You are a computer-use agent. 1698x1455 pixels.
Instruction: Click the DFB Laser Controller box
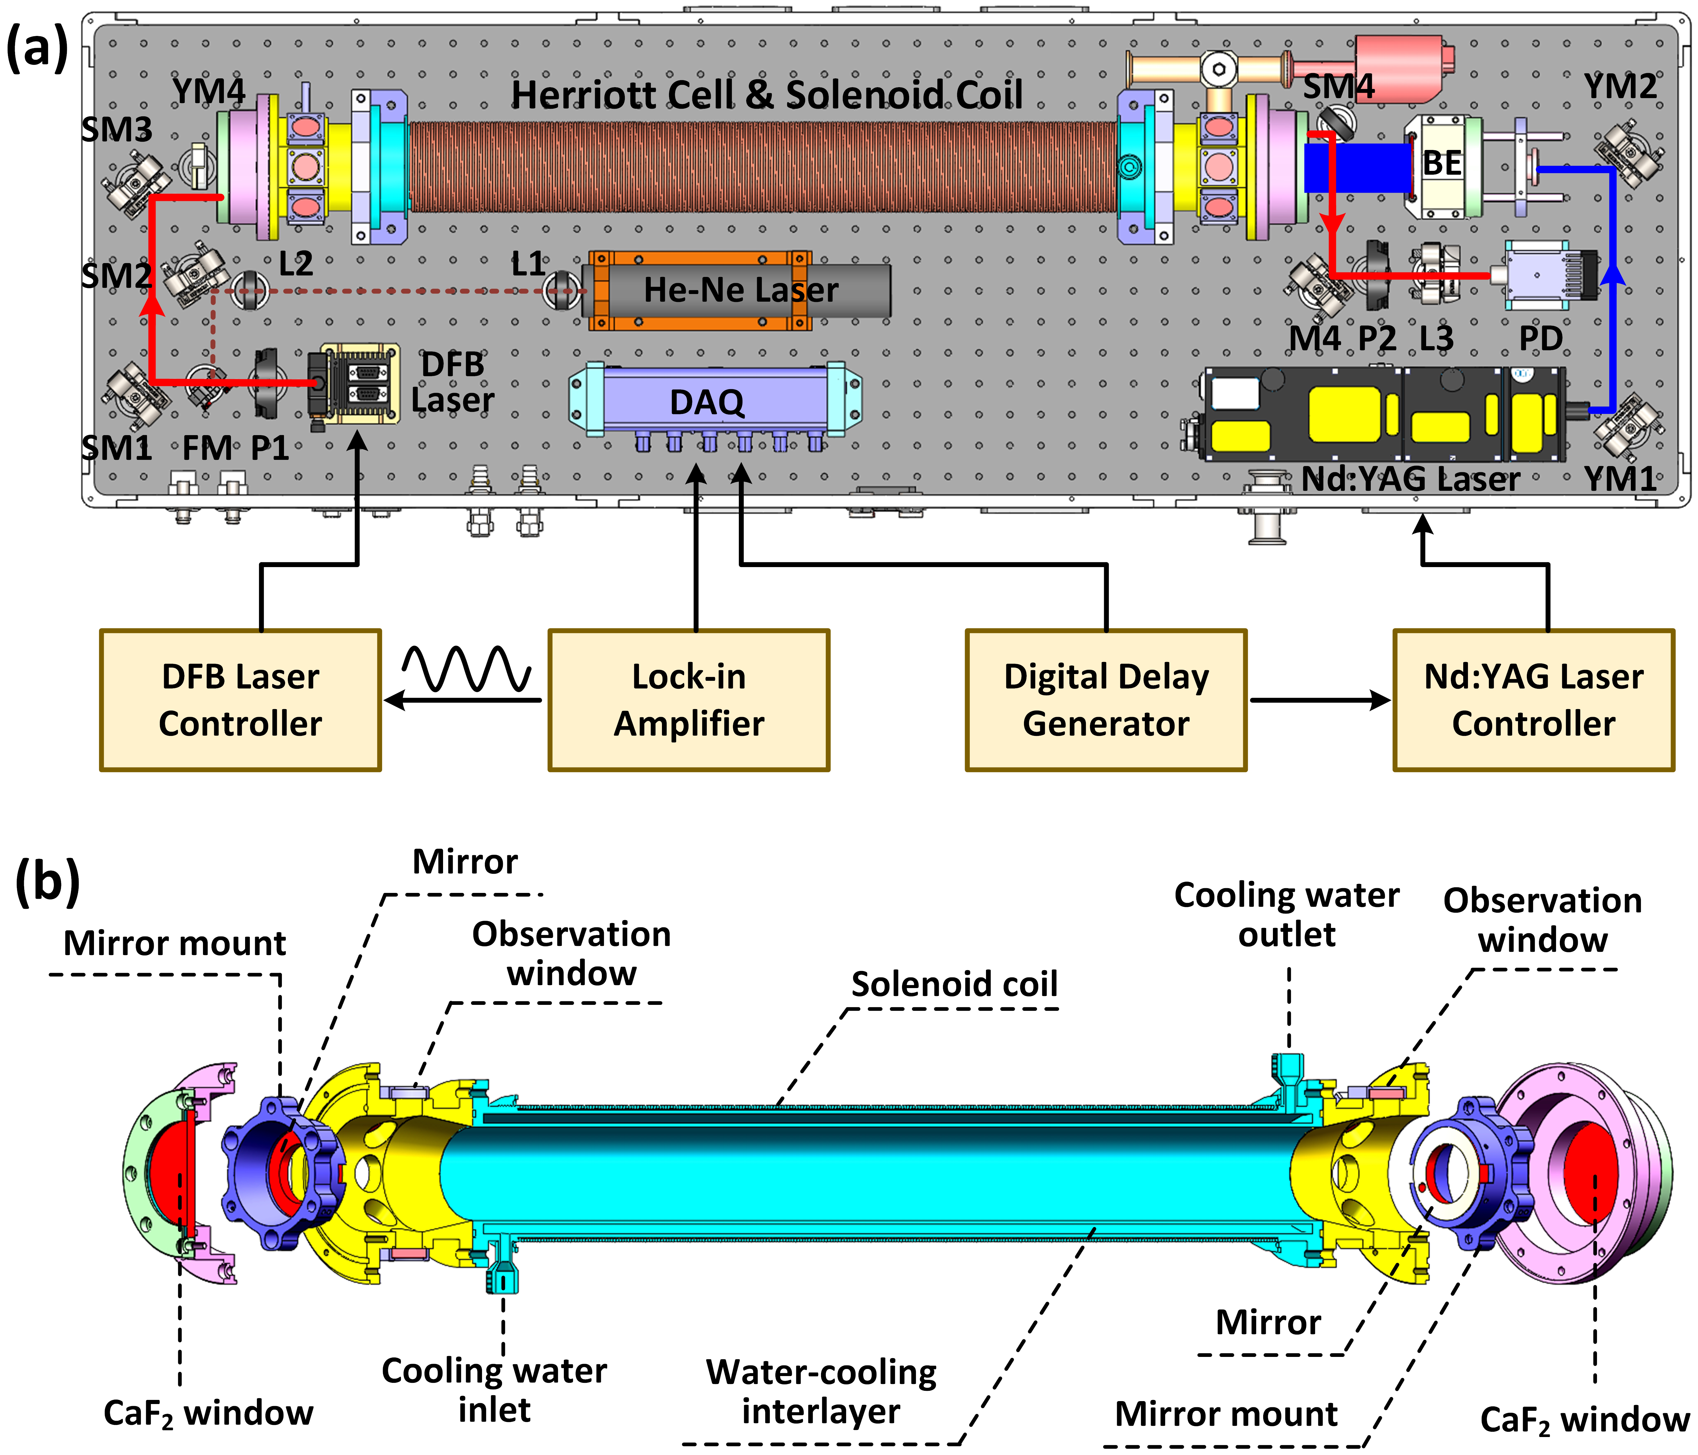pos(240,700)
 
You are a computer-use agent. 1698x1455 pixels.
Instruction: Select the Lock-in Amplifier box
pos(688,700)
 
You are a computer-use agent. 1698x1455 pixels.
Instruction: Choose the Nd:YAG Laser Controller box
pos(1533,700)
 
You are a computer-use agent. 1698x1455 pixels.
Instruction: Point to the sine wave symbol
pos(465,668)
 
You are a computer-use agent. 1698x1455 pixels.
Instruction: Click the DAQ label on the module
pos(706,402)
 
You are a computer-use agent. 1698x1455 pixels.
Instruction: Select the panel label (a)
pos(37,47)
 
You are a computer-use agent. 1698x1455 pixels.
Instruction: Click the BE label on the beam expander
pos(1441,163)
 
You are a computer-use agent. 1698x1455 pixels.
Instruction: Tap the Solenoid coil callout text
pos(954,984)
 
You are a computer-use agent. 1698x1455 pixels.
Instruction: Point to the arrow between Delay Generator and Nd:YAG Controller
pos(1319,700)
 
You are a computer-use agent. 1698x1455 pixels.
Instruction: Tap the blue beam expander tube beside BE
pos(1356,168)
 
